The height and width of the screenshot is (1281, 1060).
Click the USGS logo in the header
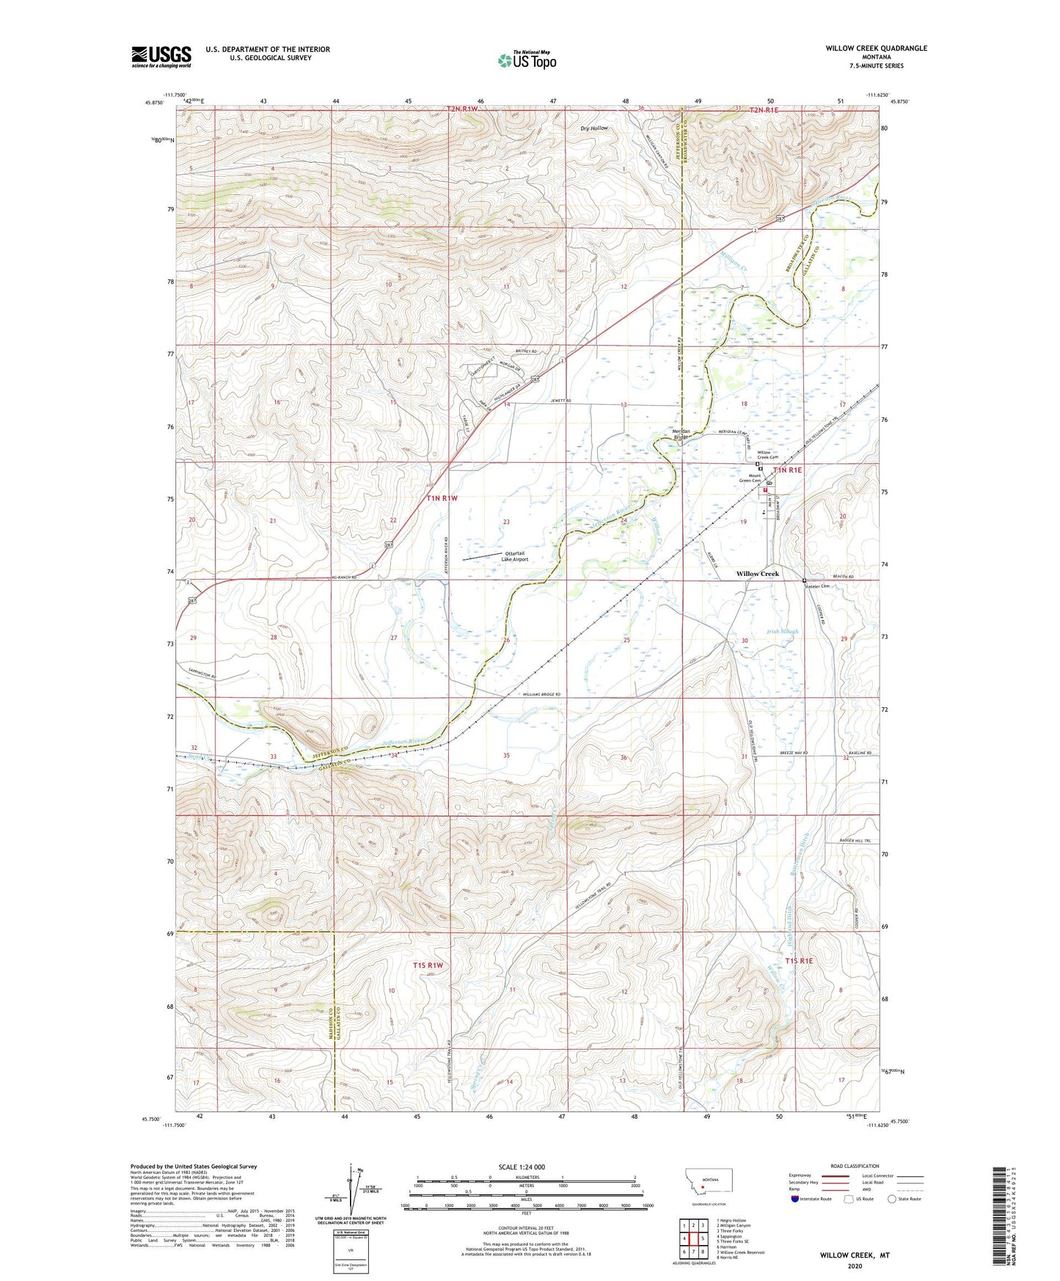[x=161, y=56]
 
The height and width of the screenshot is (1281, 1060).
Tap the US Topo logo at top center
[x=526, y=59]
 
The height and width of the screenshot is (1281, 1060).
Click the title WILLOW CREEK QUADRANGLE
[x=876, y=48]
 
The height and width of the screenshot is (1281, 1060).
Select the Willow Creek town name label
[x=758, y=574]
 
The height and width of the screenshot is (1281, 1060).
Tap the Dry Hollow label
[x=594, y=128]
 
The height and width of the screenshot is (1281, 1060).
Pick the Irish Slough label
[x=782, y=631]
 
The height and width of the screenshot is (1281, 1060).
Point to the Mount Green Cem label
[x=749, y=478]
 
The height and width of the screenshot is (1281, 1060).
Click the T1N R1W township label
[x=442, y=498]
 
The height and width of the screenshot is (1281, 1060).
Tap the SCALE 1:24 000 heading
[x=522, y=1167]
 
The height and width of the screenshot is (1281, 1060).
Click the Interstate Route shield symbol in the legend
[x=796, y=1199]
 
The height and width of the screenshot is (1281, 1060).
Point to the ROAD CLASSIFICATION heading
[x=854, y=1166]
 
